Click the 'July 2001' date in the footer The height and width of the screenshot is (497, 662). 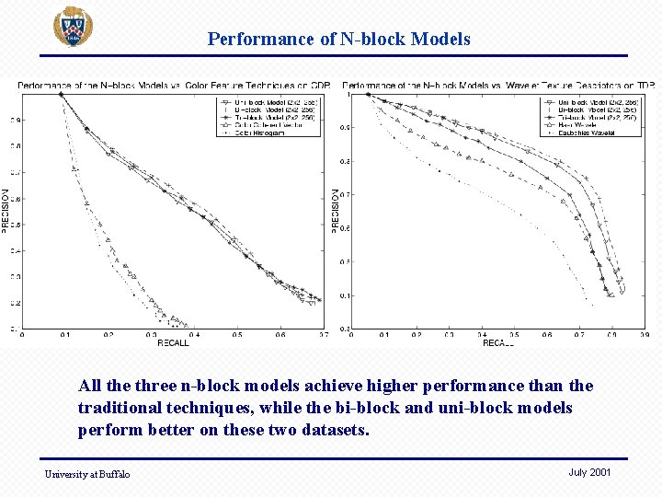589,472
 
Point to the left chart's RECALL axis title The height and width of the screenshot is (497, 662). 173,343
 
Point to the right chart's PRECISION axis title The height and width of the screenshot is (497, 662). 335,209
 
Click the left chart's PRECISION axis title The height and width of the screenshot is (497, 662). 6,209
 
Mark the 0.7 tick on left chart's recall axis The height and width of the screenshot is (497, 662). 323,335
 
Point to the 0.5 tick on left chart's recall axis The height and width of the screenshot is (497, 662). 237,335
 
